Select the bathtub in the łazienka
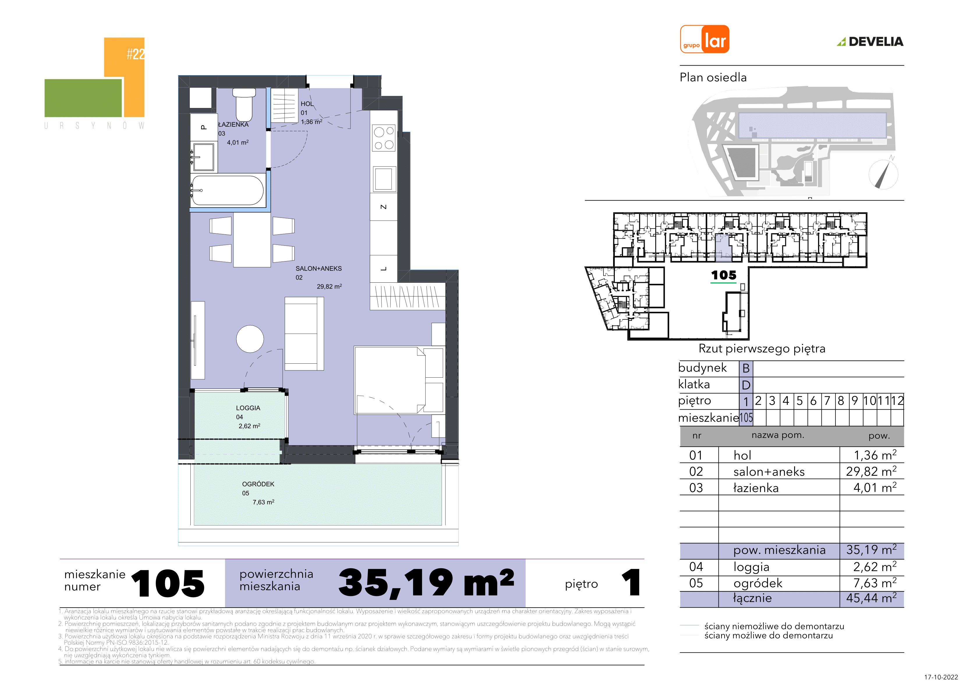[x=228, y=190]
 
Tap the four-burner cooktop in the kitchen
[x=384, y=138]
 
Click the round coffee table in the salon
[x=250, y=339]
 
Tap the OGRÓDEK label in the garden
[x=258, y=484]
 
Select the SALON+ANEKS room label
[x=319, y=268]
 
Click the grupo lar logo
[x=704, y=39]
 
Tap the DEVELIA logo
[x=870, y=42]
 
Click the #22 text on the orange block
[x=136, y=54]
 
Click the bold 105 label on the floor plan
[x=723, y=275]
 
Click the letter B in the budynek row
[x=746, y=368]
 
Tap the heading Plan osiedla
[x=713, y=78]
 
